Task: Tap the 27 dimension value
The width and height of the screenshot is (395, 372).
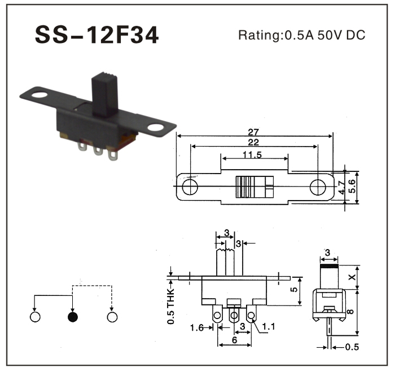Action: tap(255, 131)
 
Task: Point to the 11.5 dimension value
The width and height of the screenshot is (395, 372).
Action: tap(255, 154)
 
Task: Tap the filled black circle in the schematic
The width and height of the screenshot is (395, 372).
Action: tap(72, 317)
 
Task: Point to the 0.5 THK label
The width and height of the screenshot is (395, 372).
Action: tap(170, 305)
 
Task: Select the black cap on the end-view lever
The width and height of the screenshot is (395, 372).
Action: tap(328, 264)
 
